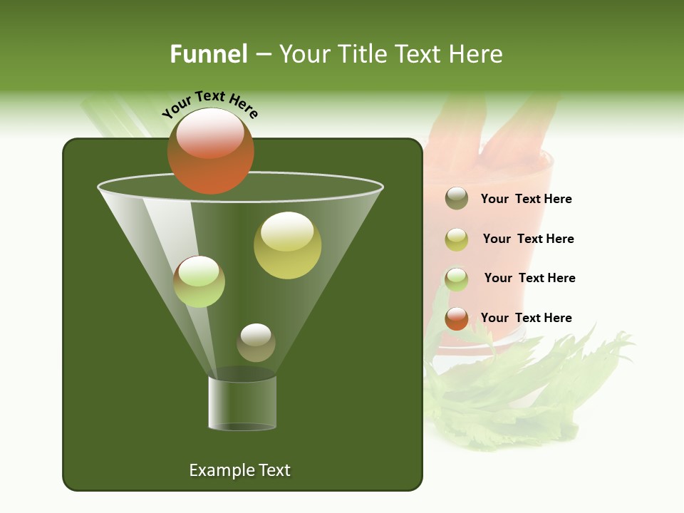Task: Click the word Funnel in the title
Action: click(208, 54)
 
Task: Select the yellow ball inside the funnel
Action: click(287, 246)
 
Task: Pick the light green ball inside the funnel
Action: click(199, 281)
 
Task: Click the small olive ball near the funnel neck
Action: click(256, 343)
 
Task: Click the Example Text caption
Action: click(239, 470)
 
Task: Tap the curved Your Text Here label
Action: click(209, 103)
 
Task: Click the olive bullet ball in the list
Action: click(457, 199)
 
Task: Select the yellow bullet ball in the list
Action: click(457, 239)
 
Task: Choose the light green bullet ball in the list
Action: click(457, 279)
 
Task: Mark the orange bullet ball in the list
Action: click(457, 318)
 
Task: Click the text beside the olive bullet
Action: click(526, 199)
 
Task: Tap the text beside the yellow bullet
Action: click(528, 239)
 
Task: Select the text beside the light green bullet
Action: click(529, 278)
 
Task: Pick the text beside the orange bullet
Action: click(526, 318)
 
